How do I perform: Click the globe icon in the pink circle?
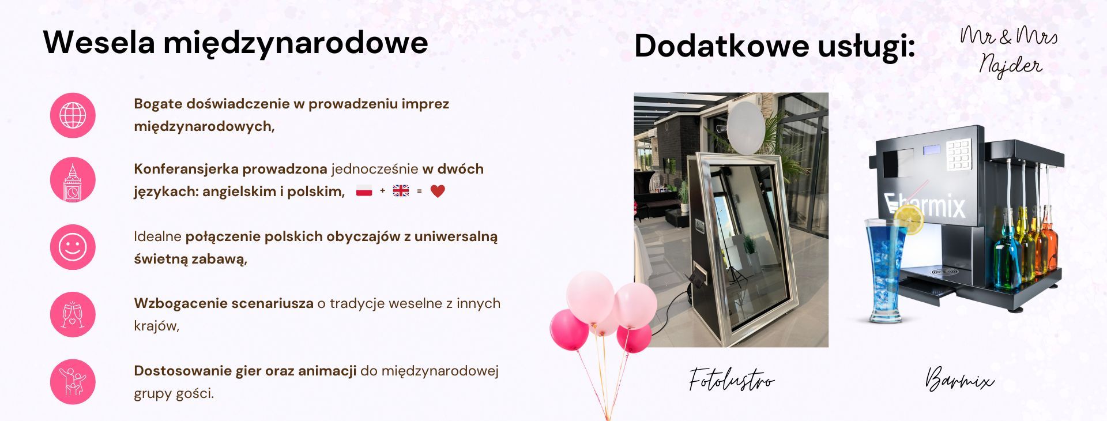pyautogui.click(x=73, y=115)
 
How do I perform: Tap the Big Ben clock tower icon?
pyautogui.click(x=73, y=181)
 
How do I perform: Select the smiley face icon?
pyautogui.click(x=73, y=247)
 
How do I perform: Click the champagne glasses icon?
pyautogui.click(x=73, y=314)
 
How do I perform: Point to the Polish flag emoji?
pyautogui.click(x=364, y=191)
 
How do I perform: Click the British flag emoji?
pyautogui.click(x=401, y=191)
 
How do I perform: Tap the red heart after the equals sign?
pyautogui.click(x=438, y=191)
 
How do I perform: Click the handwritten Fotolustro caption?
pyautogui.click(x=731, y=380)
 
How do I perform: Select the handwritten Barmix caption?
pyautogui.click(x=959, y=380)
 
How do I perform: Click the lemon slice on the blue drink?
pyautogui.click(x=908, y=219)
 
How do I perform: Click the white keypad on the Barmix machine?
pyautogui.click(x=958, y=153)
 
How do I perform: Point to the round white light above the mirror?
pyautogui.click(x=747, y=130)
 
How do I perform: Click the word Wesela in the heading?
pyautogui.click(x=99, y=43)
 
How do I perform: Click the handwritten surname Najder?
pyautogui.click(x=1011, y=65)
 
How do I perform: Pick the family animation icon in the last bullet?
pyautogui.click(x=73, y=382)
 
